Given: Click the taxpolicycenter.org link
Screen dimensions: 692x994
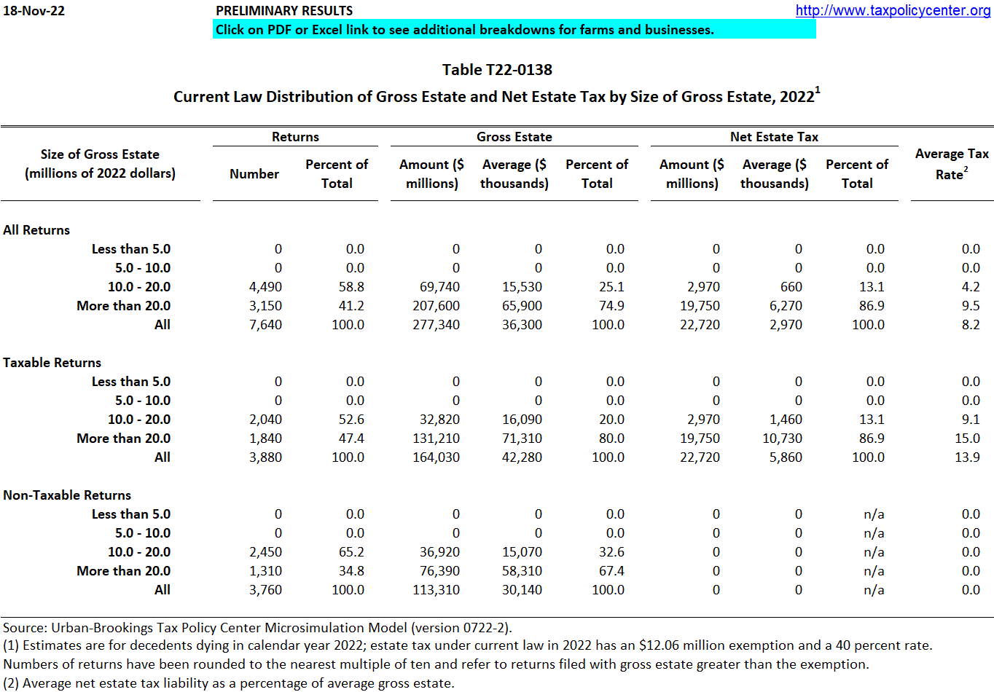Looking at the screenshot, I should coord(893,10).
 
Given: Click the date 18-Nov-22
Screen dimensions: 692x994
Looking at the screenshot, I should coord(34,11).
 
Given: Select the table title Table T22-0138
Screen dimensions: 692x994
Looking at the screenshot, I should coord(497,70).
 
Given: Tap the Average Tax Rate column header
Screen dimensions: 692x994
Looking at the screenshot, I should coord(952,164).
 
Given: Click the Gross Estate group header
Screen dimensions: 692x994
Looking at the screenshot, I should coord(514,137).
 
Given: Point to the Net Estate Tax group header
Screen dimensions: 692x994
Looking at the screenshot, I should coord(774,137).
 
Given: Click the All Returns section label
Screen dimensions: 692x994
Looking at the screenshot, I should coord(36,230).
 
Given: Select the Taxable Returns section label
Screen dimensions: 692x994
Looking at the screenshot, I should coord(52,363).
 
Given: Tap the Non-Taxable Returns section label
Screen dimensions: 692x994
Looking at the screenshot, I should coord(67,495).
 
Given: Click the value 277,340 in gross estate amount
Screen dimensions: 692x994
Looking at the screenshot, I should coord(436,325).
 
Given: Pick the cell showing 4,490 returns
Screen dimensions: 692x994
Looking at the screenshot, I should coord(265,287).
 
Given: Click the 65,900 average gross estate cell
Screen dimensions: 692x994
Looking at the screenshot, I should coord(522,306).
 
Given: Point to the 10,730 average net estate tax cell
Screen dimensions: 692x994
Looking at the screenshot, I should coord(782,439).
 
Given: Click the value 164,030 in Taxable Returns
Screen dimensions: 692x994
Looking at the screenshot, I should coord(436,457).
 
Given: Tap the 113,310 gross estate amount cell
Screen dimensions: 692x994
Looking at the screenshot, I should coord(436,590).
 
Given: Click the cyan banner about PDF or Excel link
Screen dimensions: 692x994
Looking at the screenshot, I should coord(514,30).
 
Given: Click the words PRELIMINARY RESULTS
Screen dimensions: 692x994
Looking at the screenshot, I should coord(284,11).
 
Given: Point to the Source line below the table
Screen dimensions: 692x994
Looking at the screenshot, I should coord(257,628).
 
